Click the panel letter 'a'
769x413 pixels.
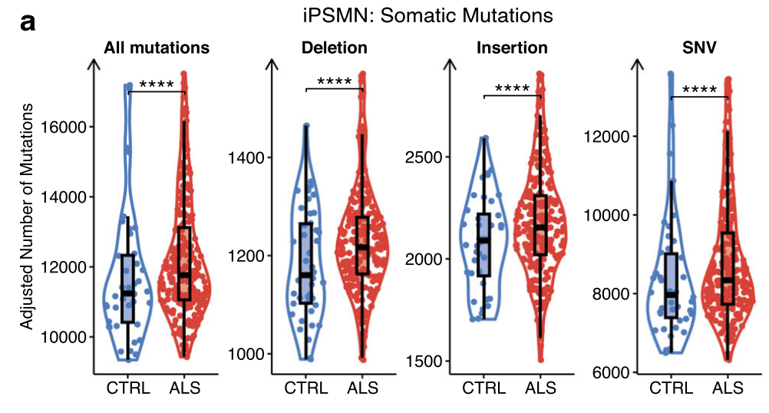[x=28, y=23]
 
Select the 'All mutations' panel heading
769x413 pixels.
[x=157, y=48]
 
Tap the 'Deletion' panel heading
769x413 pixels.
[x=334, y=48]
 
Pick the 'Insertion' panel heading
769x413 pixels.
[x=512, y=48]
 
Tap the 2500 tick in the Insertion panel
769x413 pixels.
[x=424, y=157]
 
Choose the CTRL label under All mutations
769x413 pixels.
[x=128, y=388]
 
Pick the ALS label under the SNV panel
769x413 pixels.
[x=727, y=388]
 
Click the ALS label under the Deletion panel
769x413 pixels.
[x=362, y=388]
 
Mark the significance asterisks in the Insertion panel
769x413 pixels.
[x=512, y=89]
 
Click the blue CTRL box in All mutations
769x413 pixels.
[x=128, y=288]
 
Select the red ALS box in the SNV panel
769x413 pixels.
[x=728, y=268]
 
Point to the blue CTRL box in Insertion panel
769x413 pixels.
[x=484, y=244]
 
